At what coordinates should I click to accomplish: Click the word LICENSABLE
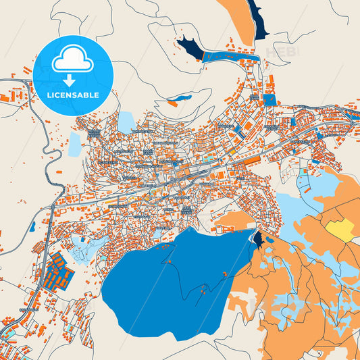coord(74,95)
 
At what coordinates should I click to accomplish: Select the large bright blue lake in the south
coord(169,284)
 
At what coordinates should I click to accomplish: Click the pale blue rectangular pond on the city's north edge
coord(126,122)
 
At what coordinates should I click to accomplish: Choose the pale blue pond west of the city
coord(74,143)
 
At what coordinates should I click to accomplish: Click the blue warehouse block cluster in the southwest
coord(59,270)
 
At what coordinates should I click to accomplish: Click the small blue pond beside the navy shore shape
coord(271,238)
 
